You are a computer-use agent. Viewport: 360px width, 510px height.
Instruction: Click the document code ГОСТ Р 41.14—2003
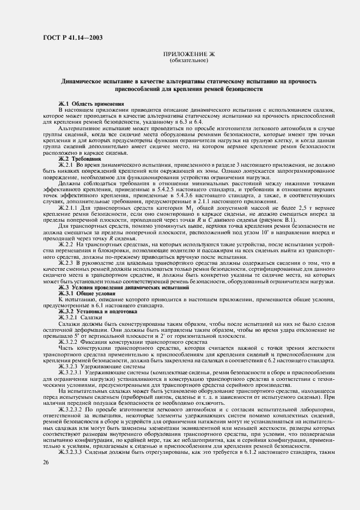click(x=74, y=38)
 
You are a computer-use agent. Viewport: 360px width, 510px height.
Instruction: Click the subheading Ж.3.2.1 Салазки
click(x=80, y=317)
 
